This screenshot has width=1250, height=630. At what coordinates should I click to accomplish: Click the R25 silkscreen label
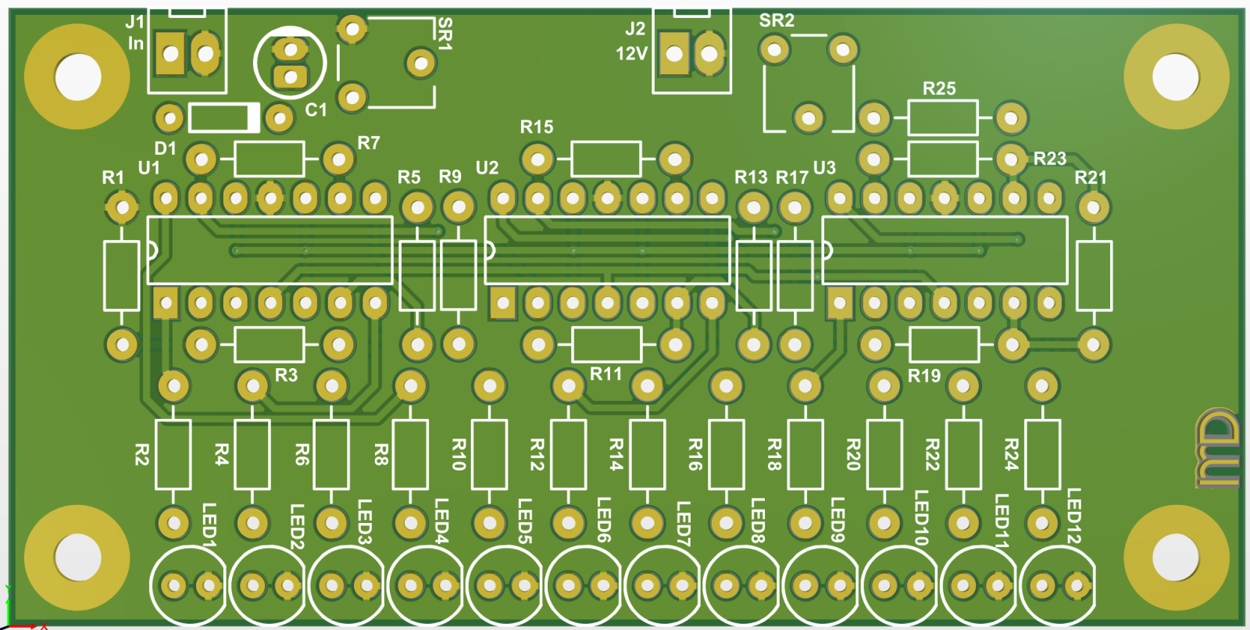[x=939, y=88]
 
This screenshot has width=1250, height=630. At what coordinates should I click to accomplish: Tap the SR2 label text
[x=777, y=20]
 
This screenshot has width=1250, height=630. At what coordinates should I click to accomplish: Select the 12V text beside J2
[x=632, y=54]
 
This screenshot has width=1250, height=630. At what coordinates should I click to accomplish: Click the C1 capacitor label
[x=316, y=110]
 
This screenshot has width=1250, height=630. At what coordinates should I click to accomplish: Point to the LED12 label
[x=1074, y=516]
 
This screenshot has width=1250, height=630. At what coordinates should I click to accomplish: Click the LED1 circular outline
[x=187, y=585]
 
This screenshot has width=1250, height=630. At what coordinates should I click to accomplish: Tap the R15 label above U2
[x=537, y=127]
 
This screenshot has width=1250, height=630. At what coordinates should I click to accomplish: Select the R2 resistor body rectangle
[x=173, y=455]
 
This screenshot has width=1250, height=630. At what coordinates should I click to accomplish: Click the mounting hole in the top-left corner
[x=77, y=77]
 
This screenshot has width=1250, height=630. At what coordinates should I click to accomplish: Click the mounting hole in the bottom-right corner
[x=1176, y=557]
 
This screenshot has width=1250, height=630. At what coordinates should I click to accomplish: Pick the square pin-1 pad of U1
[x=166, y=302]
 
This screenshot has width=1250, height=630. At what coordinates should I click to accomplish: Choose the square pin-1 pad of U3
[x=840, y=302]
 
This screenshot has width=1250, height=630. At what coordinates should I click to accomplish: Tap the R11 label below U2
[x=605, y=374]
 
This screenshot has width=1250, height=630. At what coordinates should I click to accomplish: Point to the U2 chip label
[x=487, y=168]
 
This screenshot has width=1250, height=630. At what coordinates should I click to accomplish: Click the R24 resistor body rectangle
[x=1042, y=455]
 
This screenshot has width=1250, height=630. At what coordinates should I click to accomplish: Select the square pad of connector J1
[x=170, y=54]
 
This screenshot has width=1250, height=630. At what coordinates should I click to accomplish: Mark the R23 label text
[x=1050, y=159]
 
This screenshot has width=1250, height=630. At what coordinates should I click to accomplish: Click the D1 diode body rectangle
[x=224, y=118]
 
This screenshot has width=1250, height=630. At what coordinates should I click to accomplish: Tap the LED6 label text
[x=603, y=520]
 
